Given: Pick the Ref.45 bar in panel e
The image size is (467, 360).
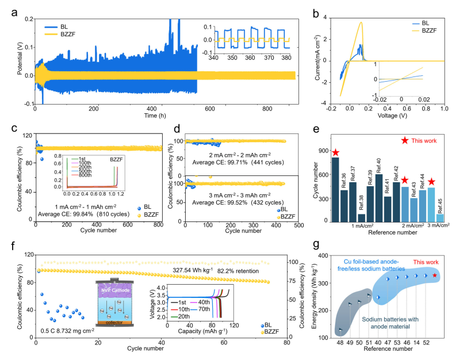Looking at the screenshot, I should click(440, 217).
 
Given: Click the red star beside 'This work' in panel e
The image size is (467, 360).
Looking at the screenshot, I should click(406, 140).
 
